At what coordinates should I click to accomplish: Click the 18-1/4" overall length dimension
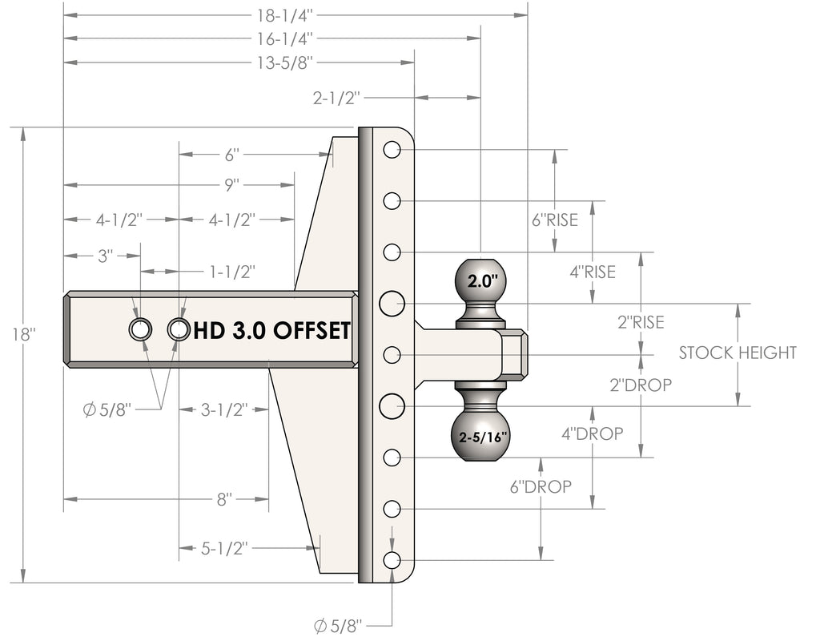(x=284, y=15)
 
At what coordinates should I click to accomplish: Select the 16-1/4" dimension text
(x=284, y=38)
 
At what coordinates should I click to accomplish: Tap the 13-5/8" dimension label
(x=284, y=62)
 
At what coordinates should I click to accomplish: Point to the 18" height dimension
(x=23, y=334)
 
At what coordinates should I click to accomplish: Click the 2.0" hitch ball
(x=480, y=280)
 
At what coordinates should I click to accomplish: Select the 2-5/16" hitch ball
(x=480, y=436)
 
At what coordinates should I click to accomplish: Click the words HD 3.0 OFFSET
(x=272, y=331)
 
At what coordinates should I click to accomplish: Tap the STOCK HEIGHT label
(x=738, y=353)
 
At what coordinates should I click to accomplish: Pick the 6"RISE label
(x=555, y=220)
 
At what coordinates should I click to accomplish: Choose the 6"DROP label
(x=541, y=486)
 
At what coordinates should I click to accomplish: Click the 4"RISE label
(x=593, y=272)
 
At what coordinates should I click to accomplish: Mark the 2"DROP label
(x=641, y=385)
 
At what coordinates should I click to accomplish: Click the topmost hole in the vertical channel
(x=392, y=150)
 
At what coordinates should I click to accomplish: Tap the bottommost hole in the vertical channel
(x=392, y=560)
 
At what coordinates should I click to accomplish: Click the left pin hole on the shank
(x=140, y=329)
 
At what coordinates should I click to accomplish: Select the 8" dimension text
(x=224, y=499)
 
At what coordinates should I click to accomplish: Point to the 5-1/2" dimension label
(x=224, y=548)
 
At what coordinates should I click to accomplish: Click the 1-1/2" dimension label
(x=232, y=272)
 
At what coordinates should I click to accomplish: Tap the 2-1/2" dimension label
(x=337, y=97)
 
